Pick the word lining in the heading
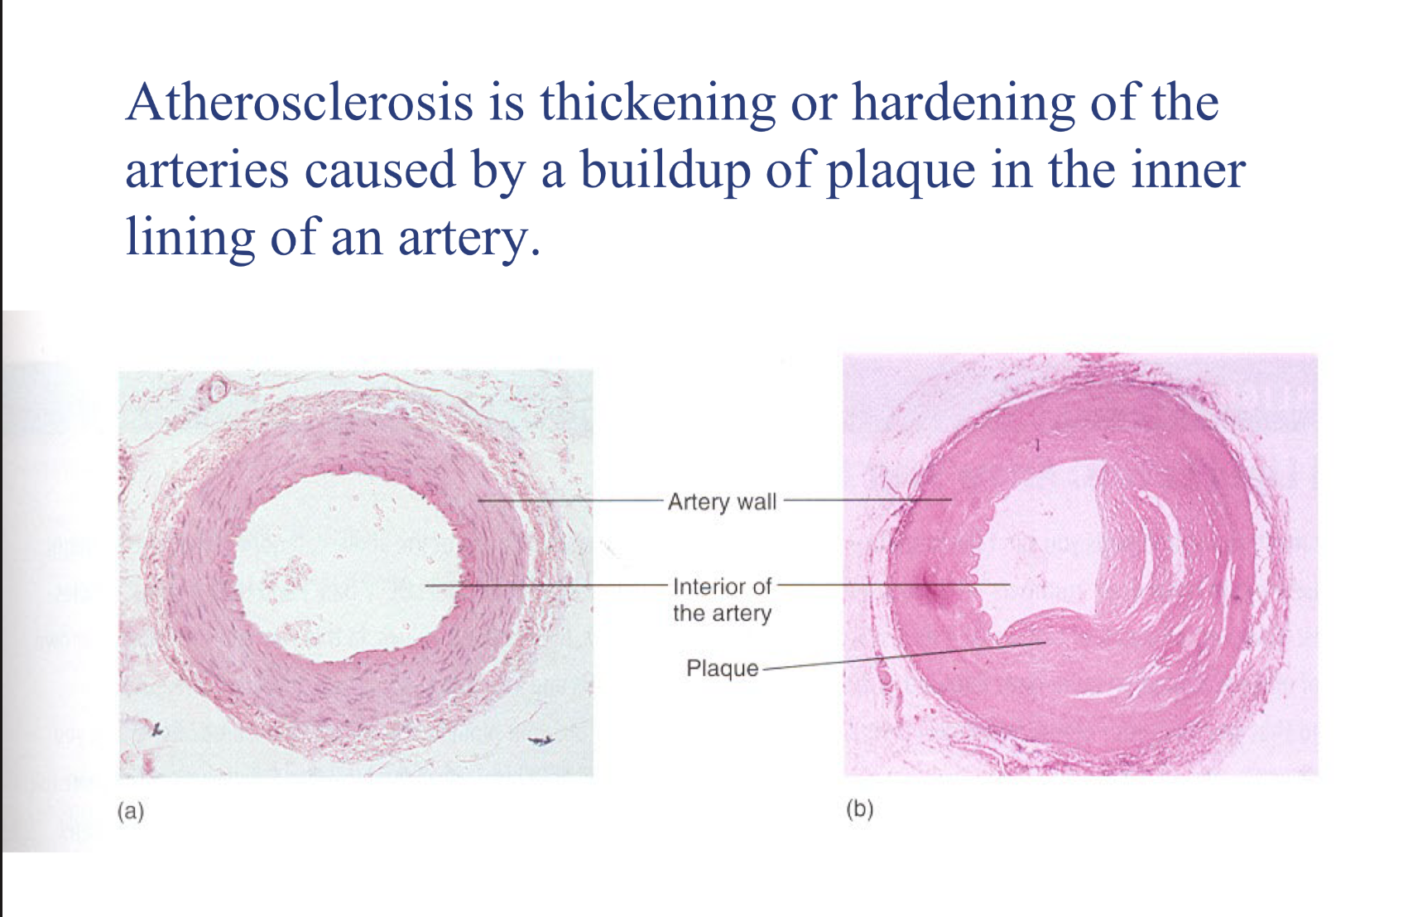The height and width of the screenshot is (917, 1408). click(190, 239)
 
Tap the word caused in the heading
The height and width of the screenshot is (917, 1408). click(380, 171)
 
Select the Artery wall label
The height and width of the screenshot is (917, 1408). click(722, 501)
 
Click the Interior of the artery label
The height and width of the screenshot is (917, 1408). click(722, 599)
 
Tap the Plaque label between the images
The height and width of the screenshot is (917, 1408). click(722, 668)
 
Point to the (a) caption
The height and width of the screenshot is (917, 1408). click(131, 810)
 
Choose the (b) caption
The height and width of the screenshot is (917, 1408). click(860, 808)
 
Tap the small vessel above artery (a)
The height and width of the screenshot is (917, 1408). click(218, 389)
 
